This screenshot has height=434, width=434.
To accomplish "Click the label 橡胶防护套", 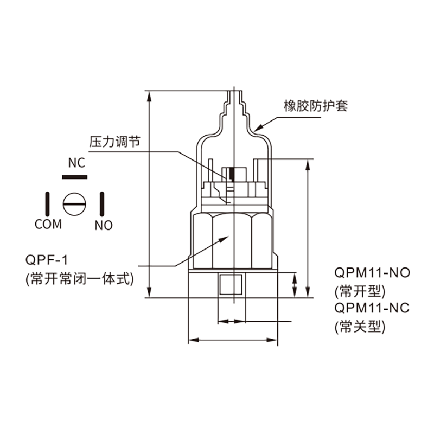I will click(315, 106).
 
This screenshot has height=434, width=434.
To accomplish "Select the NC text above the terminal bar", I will click(76, 163).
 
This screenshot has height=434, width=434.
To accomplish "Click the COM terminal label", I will click(48, 224).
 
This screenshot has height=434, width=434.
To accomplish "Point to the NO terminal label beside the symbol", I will click(103, 225).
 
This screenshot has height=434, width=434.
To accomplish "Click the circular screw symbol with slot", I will click(74, 205).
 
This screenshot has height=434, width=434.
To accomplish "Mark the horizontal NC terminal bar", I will click(75, 177).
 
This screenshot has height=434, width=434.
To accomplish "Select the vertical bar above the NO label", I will click(101, 204).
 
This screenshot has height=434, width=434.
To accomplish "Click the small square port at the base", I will click(231, 284).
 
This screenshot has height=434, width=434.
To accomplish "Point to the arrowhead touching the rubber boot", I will click(257, 127).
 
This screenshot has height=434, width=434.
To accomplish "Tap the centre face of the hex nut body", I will click(232, 241).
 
